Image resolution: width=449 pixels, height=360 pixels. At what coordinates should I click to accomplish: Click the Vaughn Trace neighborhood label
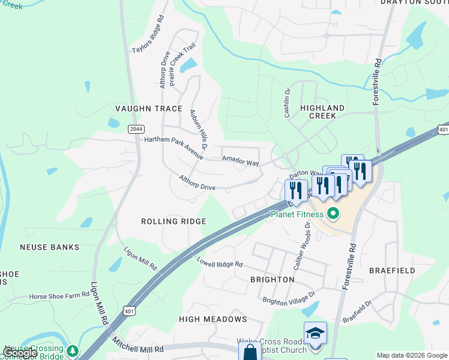point(148,109)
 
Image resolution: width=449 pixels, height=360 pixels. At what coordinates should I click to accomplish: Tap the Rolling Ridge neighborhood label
point(173,221)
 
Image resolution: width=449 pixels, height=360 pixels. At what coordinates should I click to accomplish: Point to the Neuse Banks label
point(49,247)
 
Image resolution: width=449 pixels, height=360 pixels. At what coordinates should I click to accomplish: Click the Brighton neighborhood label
point(273,280)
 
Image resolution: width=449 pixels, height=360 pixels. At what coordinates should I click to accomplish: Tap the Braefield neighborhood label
point(392,271)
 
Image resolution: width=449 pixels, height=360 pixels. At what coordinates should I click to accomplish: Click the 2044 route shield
point(136,128)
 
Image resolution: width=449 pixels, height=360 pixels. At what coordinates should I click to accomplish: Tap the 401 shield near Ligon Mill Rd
point(131,310)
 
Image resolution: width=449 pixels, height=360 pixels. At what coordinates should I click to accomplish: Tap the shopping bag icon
point(250,352)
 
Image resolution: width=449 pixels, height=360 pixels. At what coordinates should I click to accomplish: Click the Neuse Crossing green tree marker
point(73,350)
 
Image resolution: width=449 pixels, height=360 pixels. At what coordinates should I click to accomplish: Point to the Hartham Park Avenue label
point(174,147)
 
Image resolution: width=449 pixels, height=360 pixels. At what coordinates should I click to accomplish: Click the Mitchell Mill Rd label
point(138,344)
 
